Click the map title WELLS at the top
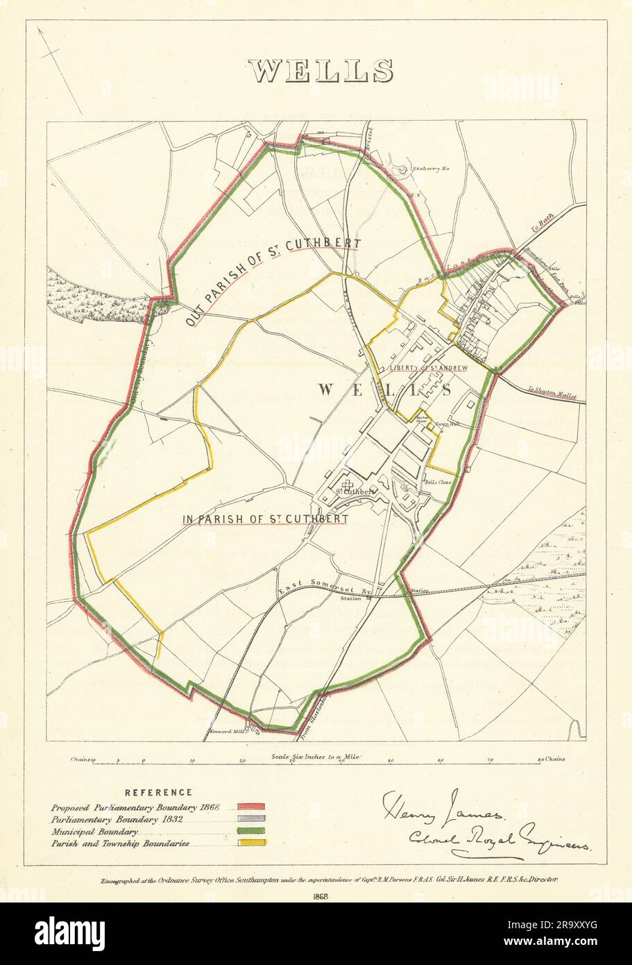pos(321,72)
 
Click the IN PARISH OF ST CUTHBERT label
pos(264,518)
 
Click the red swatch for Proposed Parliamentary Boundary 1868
pos(250,807)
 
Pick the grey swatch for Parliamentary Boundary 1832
pos(250,819)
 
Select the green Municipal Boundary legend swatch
pos(250,831)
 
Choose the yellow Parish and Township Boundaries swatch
pos(250,844)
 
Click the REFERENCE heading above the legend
pos(158,792)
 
